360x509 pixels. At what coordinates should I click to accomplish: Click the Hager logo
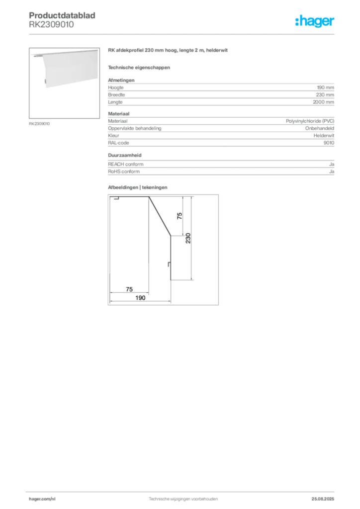click(314, 21)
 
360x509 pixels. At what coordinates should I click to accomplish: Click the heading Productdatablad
click(62, 15)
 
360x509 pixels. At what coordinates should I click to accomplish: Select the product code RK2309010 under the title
click(51, 24)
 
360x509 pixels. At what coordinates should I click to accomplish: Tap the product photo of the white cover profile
click(64, 83)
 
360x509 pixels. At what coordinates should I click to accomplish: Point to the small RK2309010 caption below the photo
click(39, 124)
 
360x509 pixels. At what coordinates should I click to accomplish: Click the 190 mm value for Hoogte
click(325, 87)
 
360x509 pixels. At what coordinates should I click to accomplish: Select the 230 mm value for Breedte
click(325, 95)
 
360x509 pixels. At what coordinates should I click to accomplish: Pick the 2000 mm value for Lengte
click(323, 102)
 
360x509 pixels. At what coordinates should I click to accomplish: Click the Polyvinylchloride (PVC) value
click(310, 121)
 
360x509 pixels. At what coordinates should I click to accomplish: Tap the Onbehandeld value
click(319, 128)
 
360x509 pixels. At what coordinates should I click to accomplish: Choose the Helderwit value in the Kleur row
click(324, 135)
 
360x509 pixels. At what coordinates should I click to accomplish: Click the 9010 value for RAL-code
click(329, 143)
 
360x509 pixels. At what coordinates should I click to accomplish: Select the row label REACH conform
click(126, 164)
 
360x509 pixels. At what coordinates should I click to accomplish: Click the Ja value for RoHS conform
click(332, 171)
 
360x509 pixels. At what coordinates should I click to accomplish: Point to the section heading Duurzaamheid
click(125, 155)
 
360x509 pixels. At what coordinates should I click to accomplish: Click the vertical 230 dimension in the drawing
click(188, 238)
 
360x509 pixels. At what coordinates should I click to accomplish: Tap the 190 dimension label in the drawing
click(140, 298)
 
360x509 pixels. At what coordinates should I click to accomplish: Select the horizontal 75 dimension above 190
click(129, 289)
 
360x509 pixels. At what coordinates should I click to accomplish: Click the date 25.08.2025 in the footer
click(323, 499)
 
